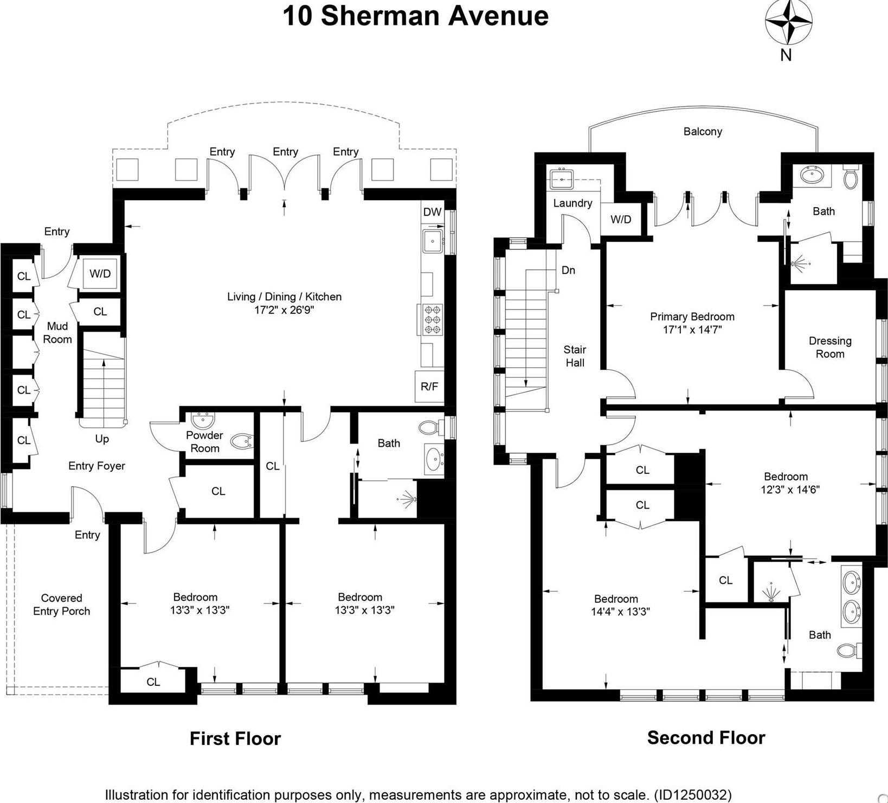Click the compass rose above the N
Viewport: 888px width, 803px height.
788,22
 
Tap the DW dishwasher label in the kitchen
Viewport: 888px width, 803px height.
432,212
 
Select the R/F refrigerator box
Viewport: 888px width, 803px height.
429,387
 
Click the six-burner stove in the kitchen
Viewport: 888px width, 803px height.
433,319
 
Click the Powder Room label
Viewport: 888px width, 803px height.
204,442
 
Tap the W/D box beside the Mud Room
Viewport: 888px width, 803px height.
100,273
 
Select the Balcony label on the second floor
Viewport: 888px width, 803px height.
703,131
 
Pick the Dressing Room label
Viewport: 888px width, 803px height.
830,348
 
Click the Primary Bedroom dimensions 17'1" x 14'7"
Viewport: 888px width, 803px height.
692,330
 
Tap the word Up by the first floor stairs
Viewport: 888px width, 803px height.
102,439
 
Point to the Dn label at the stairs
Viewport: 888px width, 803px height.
568,270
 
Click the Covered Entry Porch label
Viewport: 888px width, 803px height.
61,605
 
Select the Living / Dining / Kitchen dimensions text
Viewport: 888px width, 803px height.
284,310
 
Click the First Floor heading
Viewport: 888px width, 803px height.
235,738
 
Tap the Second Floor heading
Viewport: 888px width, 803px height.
706,737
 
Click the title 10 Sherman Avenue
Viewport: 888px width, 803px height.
415,15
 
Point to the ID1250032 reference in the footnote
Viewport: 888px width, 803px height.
692,795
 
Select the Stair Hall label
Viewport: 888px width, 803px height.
575,356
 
